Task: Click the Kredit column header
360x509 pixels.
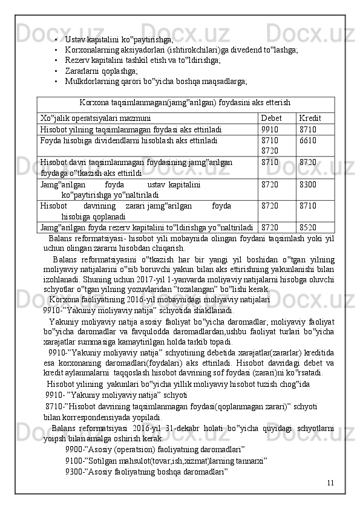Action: (x=310, y=118)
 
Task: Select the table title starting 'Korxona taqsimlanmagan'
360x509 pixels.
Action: (x=185, y=103)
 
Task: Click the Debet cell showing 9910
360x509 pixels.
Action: (x=270, y=129)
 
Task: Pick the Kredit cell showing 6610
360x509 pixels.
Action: (x=308, y=140)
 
